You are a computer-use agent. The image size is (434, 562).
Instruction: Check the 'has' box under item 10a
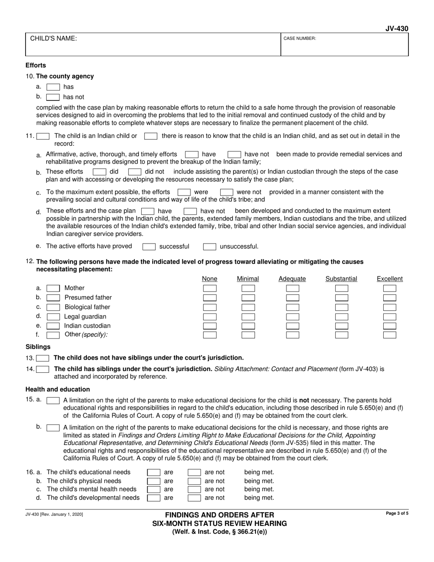(x=53, y=87)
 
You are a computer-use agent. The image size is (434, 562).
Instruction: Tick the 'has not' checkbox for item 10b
(x=53, y=97)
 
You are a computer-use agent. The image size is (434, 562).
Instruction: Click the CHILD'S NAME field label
(x=53, y=39)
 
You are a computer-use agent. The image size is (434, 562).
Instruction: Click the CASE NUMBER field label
(x=300, y=39)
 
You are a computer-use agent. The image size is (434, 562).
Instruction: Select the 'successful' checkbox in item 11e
(x=149, y=247)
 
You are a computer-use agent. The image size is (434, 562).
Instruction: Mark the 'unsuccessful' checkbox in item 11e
(x=209, y=247)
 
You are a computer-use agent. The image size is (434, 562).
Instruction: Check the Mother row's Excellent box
(x=389, y=288)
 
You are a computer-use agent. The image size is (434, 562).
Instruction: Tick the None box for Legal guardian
(x=210, y=317)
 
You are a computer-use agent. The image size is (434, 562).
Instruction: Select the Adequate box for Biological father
(x=292, y=307)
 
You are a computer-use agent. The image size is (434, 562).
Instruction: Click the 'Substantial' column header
(x=341, y=279)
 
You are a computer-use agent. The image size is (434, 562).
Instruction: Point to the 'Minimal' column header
(x=248, y=279)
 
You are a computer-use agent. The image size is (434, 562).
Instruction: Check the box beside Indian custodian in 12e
(x=53, y=326)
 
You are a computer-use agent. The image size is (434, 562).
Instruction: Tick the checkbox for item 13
(x=42, y=358)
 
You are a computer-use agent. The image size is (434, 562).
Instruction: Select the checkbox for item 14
(x=42, y=369)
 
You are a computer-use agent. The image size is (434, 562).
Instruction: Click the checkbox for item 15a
(x=53, y=400)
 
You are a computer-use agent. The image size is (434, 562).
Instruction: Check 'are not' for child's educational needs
(x=194, y=472)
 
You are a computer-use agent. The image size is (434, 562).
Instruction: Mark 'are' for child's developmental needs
(x=153, y=498)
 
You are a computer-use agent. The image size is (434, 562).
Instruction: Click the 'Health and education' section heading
(x=58, y=389)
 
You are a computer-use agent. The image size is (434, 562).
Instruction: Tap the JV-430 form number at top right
(x=397, y=28)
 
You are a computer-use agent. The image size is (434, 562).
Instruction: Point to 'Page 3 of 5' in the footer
(x=397, y=514)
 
